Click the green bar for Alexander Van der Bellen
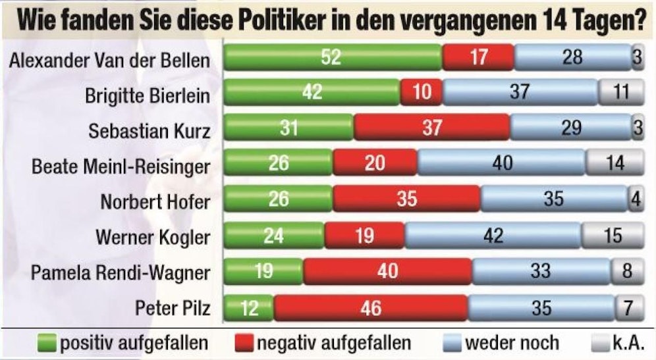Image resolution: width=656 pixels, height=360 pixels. pos(333,57)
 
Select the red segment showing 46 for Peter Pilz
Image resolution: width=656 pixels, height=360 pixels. pos(371,307)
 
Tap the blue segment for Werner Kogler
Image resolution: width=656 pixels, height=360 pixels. pos(493,236)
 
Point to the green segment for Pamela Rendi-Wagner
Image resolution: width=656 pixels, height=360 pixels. pos(263,271)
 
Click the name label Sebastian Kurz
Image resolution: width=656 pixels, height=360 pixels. pos(150,130)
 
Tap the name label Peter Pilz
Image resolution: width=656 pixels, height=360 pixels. pos(173,307)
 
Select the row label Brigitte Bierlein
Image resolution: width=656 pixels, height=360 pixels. pos(148,95)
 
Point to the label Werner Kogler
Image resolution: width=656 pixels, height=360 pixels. pos(153,236)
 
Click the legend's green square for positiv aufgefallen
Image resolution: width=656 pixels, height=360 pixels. pos(48,343)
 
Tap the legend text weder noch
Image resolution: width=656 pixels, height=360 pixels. pos(511,343)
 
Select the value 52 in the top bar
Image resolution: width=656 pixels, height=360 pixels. pos(331,57)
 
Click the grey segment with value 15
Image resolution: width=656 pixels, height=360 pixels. pos(613,236)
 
